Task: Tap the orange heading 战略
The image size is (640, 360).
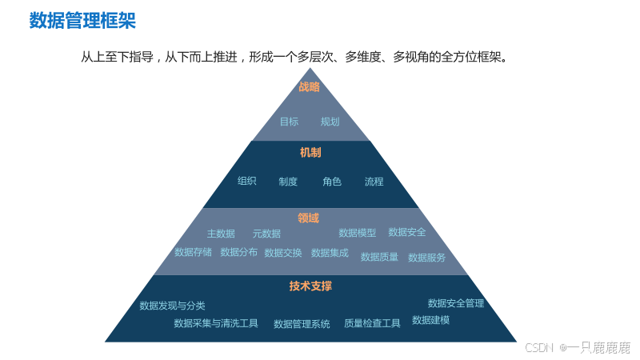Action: [310, 87]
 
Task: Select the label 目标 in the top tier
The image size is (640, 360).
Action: [289, 122]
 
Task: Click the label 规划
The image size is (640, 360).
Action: [330, 122]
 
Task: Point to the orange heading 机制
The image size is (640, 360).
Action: [310, 152]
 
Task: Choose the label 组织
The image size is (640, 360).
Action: [247, 181]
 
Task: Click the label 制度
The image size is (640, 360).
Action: [288, 182]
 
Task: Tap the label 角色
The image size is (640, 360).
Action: [332, 182]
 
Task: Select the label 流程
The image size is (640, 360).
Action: [374, 182]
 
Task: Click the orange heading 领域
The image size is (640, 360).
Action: [308, 218]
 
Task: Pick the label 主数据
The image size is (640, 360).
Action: [221, 234]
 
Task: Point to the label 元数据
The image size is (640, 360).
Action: [266, 234]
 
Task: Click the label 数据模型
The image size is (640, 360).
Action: [358, 233]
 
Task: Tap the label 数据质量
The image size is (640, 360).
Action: [379, 257]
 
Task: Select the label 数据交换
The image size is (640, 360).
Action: [283, 253]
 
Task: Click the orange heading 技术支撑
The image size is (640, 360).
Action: [310, 286]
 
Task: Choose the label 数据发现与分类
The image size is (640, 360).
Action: [172, 306]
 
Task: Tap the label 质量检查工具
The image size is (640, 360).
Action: [372, 324]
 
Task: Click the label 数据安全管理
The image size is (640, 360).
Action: [456, 303]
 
